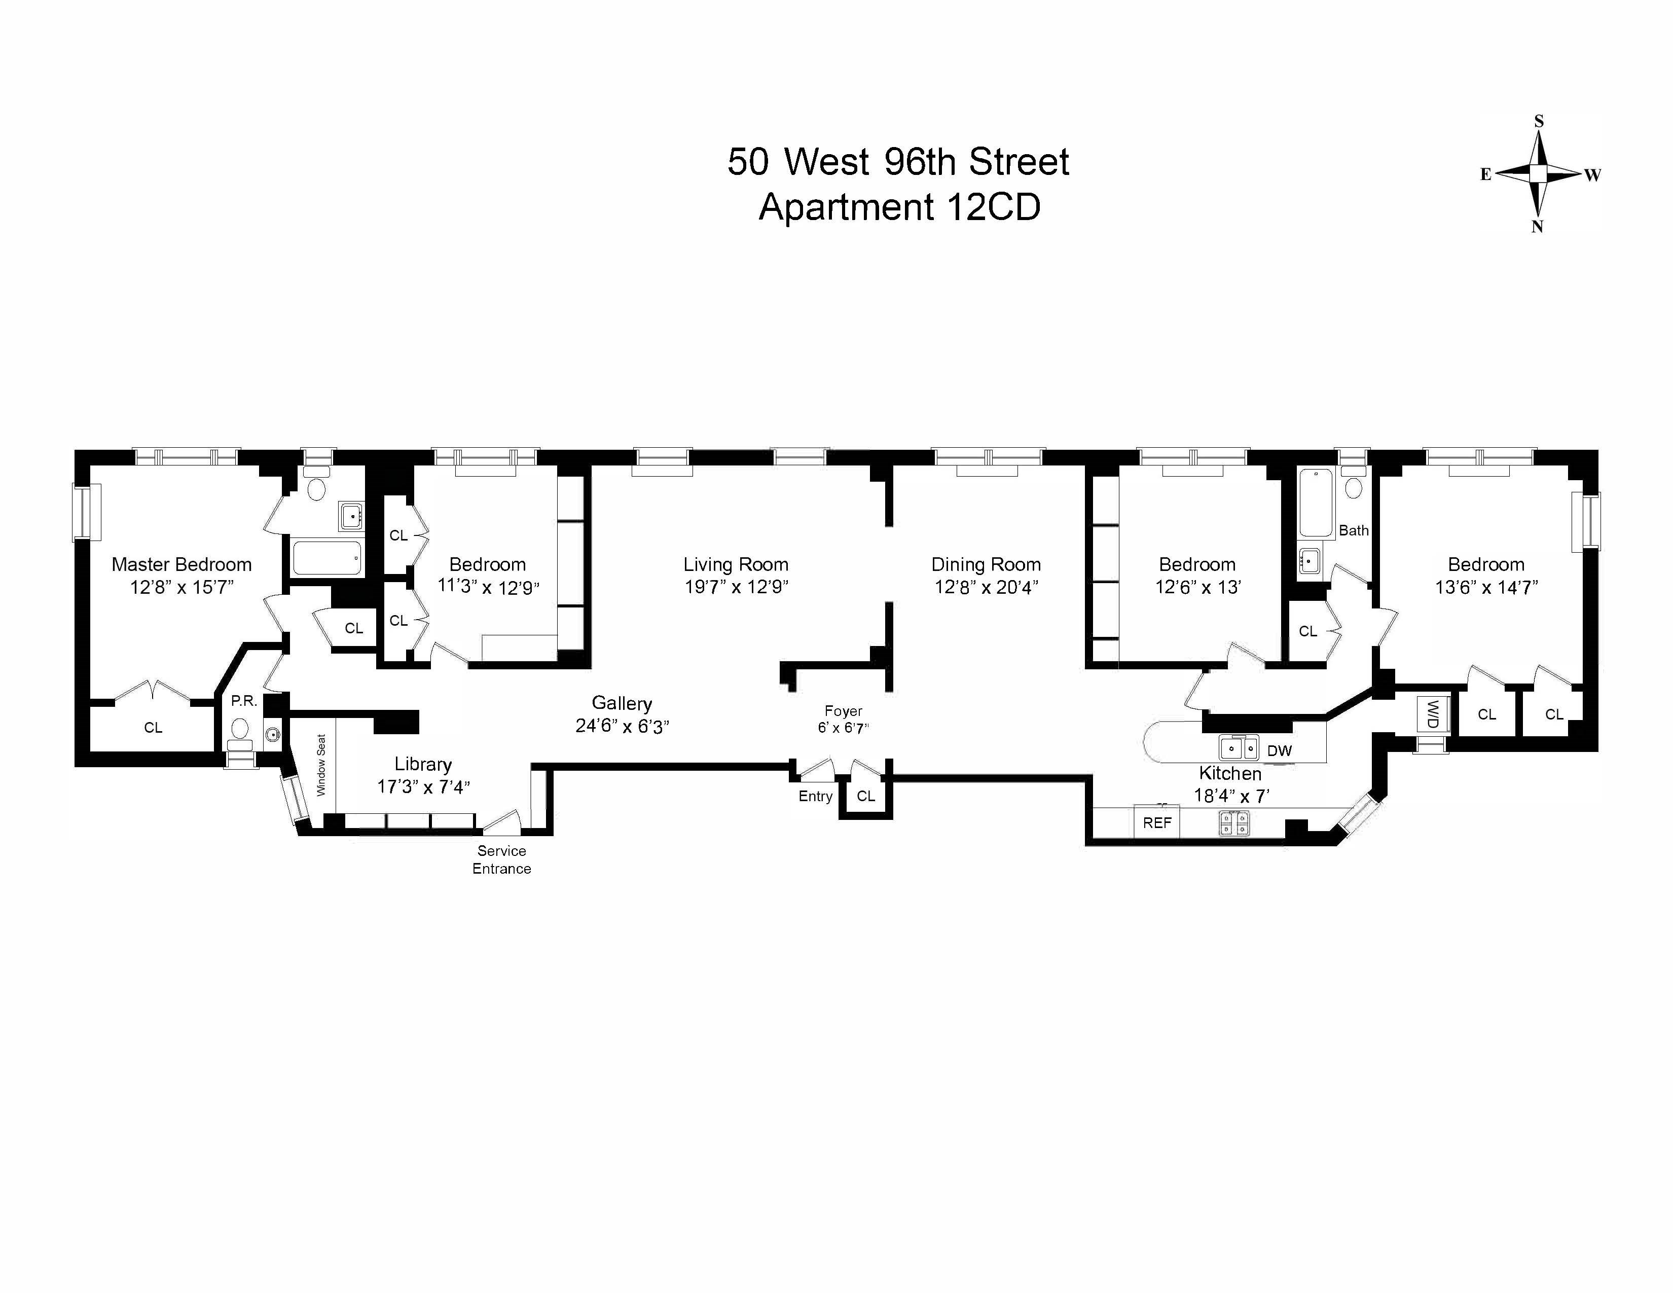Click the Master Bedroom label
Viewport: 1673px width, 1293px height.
pyautogui.click(x=181, y=564)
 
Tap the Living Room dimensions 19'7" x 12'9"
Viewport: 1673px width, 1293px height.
pyautogui.click(x=736, y=587)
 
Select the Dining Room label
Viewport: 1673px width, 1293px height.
pyautogui.click(x=986, y=564)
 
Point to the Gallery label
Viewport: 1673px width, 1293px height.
pyautogui.click(x=622, y=703)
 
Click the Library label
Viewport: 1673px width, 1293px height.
pyautogui.click(x=423, y=764)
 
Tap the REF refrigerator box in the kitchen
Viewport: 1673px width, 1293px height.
pyautogui.click(x=1157, y=822)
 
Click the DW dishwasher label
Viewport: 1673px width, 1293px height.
pyautogui.click(x=1279, y=750)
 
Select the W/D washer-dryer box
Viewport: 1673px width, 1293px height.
pyautogui.click(x=1432, y=714)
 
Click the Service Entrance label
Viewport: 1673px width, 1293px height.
pyautogui.click(x=502, y=859)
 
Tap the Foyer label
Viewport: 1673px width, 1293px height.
pyautogui.click(x=844, y=711)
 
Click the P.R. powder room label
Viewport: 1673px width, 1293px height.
pyautogui.click(x=243, y=701)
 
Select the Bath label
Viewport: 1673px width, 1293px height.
pyautogui.click(x=1354, y=530)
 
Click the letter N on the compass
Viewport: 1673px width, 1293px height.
pyautogui.click(x=1537, y=227)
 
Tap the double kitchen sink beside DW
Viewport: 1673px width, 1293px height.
pyautogui.click(x=1239, y=747)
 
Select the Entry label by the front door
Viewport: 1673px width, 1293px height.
pyautogui.click(x=815, y=796)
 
